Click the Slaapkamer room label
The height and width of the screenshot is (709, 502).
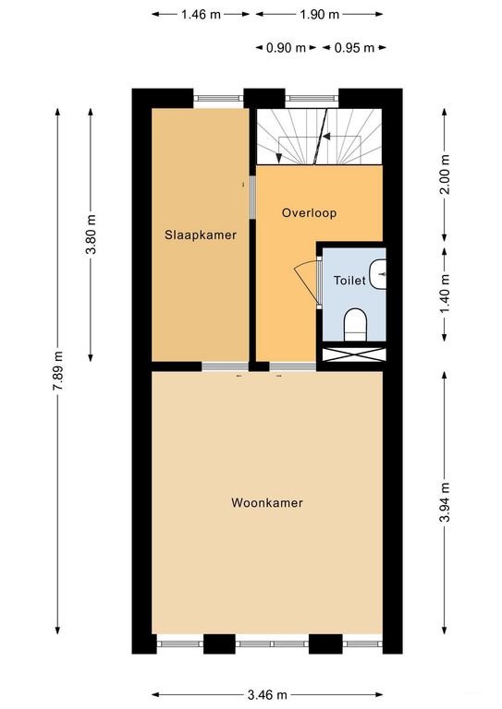201,234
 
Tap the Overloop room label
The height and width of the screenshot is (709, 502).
309,212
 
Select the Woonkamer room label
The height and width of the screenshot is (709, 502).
267,503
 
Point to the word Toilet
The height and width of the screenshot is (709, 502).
349,280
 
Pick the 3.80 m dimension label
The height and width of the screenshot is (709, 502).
90,235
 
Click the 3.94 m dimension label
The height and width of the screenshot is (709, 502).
445,502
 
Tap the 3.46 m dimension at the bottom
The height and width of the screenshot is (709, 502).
267,694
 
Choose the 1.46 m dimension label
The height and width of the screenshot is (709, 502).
201,15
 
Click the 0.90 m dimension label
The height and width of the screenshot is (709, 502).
286,48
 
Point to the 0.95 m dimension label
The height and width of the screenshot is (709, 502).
354,48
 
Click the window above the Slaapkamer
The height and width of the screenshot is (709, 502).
218,96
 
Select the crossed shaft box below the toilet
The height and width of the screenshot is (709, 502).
352,354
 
